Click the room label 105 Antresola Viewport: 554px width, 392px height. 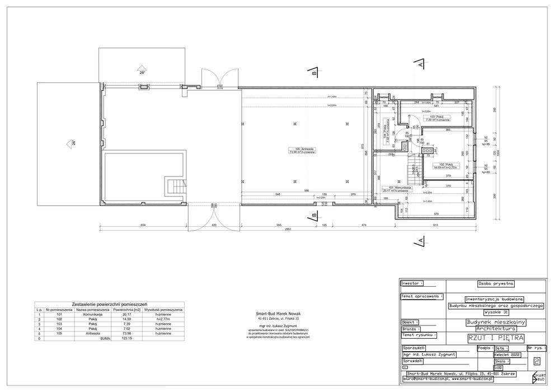click(300, 150)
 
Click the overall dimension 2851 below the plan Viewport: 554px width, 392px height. click(288, 230)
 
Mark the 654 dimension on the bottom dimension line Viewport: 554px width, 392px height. click(143, 225)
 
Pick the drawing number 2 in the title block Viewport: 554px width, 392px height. click(537, 362)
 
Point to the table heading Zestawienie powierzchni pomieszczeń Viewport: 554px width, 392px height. click(110, 302)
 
